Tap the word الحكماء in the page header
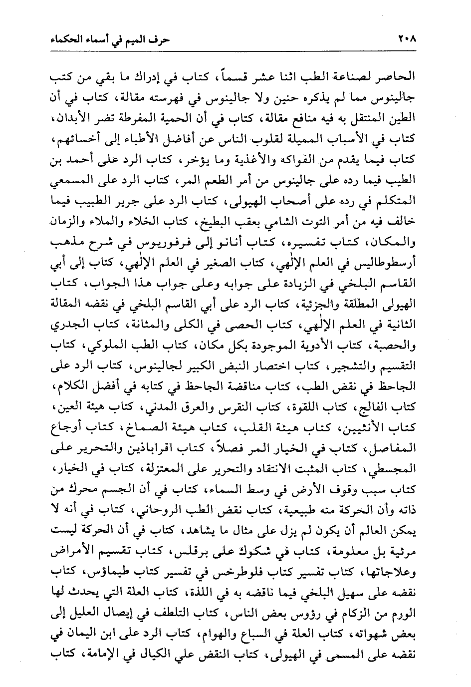pyautogui.click(x=64, y=39)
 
